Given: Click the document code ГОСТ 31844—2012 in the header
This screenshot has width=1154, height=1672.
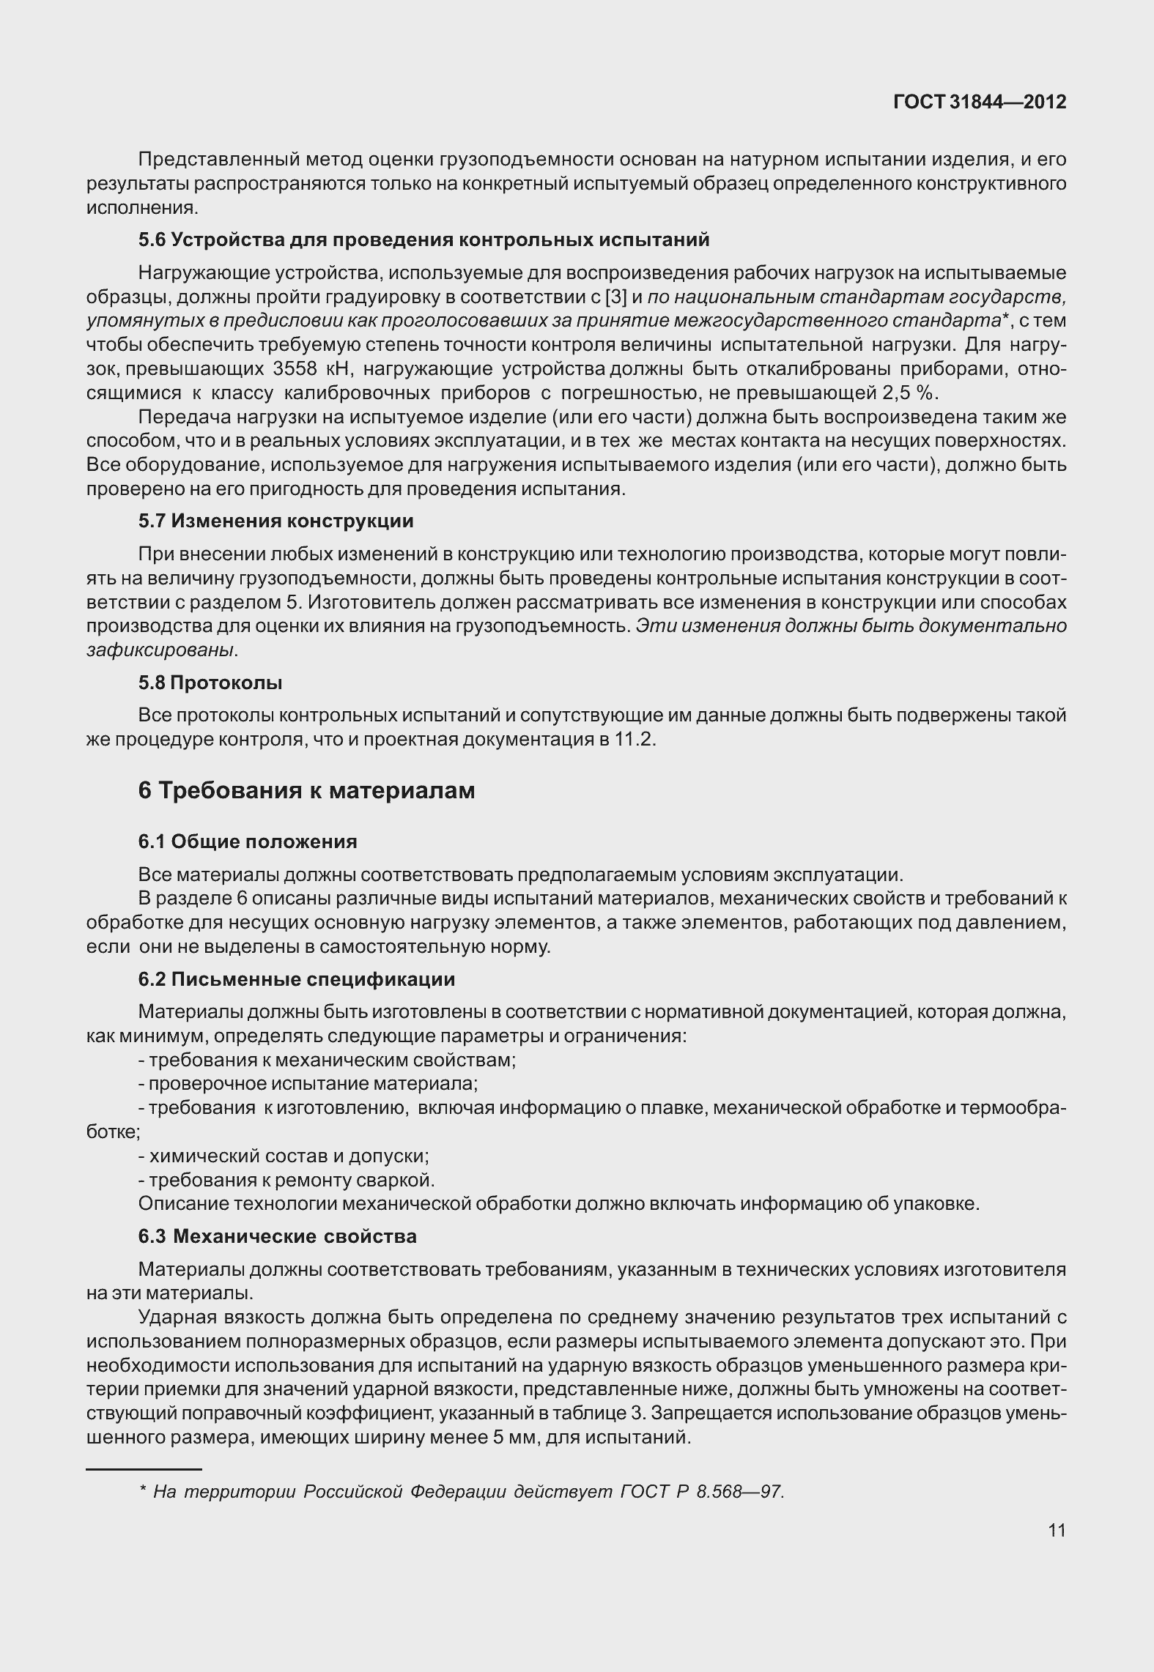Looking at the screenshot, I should (x=980, y=103).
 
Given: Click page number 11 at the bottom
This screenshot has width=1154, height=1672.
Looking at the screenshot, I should (x=1057, y=1530).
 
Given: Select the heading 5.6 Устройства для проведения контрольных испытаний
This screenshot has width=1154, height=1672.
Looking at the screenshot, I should (x=423, y=240).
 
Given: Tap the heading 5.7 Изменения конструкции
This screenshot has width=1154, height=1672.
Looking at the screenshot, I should (x=275, y=521).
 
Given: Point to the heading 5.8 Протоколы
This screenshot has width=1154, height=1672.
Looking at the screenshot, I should (x=210, y=683).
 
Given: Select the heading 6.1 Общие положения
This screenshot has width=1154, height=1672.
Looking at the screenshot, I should (x=248, y=841).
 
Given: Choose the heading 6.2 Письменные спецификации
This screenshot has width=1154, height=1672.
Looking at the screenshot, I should (x=296, y=979).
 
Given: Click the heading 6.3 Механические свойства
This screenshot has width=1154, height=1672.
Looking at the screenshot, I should (x=277, y=1236).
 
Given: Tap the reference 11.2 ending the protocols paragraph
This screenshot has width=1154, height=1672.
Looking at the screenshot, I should (x=633, y=739).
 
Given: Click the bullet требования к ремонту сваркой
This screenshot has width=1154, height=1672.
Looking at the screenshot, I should (x=287, y=1180).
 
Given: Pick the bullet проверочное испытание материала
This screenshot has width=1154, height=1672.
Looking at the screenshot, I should (x=308, y=1083).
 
